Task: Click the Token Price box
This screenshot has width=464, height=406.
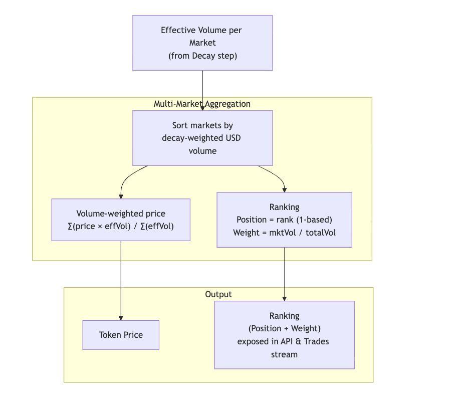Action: (121, 335)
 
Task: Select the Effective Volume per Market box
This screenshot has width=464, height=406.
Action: (202, 43)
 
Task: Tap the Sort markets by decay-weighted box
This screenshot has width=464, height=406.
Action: (202, 138)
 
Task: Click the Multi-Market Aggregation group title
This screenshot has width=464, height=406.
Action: (202, 104)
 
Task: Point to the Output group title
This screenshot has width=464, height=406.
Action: (218, 294)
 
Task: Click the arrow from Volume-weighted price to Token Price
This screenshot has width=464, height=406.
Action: (121, 281)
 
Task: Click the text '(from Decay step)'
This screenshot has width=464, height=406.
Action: (202, 56)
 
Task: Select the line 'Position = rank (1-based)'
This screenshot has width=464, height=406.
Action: (284, 220)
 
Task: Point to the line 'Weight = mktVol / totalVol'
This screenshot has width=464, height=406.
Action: (284, 233)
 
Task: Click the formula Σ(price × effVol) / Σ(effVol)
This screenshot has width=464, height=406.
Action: (121, 226)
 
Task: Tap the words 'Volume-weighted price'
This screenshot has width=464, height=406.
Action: (121, 214)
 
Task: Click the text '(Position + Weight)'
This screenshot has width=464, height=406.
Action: (284, 328)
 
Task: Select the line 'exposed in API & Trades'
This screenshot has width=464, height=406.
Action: (284, 341)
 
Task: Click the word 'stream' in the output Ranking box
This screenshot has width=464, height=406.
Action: (284, 354)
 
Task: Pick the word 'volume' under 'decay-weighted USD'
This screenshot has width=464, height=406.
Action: (202, 150)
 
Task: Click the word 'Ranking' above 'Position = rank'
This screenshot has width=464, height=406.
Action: (284, 207)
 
